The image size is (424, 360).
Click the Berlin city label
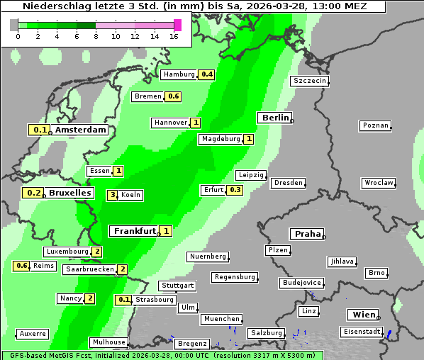coord(275,118)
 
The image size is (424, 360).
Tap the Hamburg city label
coord(179,74)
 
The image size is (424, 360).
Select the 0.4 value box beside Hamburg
coord(207,74)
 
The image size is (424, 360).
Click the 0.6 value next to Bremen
coord(174,96)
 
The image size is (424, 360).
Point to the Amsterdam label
coord(81,130)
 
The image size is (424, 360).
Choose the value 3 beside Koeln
coord(112,195)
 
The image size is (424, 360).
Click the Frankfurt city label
coord(135,231)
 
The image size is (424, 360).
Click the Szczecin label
coord(310,81)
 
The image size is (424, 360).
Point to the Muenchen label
coord(221,319)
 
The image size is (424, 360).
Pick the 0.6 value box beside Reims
coord(22,266)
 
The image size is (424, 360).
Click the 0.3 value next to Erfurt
coord(235,190)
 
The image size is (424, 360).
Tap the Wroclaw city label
coord(379,183)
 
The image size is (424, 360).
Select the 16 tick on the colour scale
coord(174,36)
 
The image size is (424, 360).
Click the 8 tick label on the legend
coord(96,36)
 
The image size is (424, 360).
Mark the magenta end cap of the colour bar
coord(177,25)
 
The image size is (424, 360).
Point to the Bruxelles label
coord(69,193)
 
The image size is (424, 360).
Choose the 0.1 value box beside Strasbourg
coord(124,300)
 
